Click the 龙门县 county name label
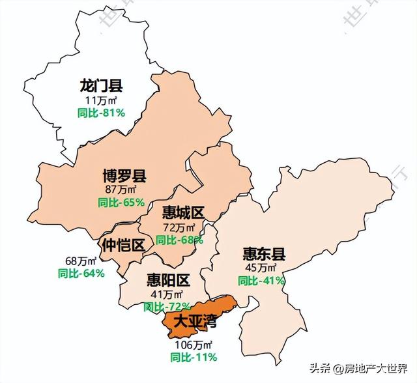[x=101, y=86]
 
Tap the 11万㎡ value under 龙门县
[x=101, y=100]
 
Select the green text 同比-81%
[x=101, y=113]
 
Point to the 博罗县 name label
[x=124, y=176]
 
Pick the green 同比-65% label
[x=121, y=203]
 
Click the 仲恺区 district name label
[x=123, y=246]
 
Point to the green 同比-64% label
[x=81, y=274]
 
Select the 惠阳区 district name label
[x=168, y=281]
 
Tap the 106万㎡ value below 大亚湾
[x=194, y=344]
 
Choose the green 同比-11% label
[x=194, y=357]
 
